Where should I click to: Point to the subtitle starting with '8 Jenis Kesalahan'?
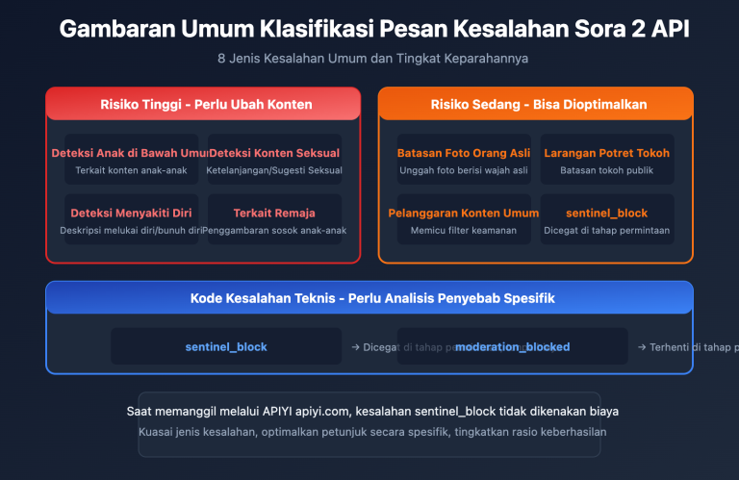[373, 59]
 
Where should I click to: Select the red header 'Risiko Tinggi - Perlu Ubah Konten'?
[203, 104]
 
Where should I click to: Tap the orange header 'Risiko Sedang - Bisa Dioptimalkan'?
[535, 104]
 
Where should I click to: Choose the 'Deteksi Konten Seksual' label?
[274, 153]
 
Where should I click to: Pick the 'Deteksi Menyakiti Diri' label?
[132, 213]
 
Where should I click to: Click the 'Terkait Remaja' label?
[274, 213]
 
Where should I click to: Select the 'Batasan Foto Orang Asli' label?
[451, 153]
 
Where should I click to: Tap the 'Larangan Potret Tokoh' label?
[606, 153]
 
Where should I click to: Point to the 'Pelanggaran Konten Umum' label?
[451, 213]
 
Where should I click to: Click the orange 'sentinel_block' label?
[606, 213]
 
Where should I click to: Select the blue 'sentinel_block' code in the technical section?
[226, 346]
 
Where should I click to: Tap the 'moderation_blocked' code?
[512, 346]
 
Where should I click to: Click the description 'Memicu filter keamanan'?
[451, 230]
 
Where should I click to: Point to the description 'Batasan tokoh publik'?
[606, 170]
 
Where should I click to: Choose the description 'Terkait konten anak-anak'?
[132, 170]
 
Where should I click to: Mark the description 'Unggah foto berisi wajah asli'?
[451, 170]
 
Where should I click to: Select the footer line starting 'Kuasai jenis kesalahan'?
[372, 431]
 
